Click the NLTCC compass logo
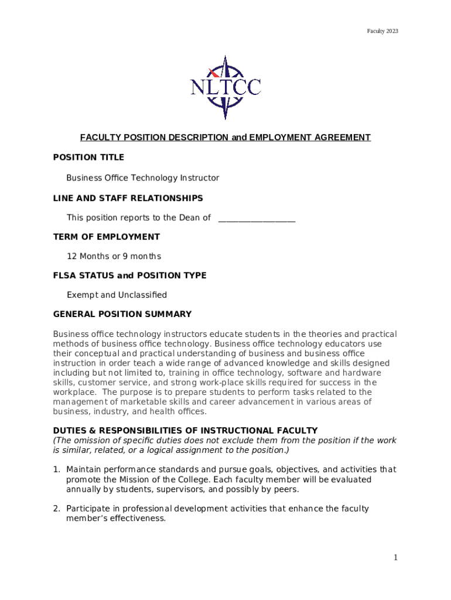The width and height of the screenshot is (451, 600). [x=225, y=87]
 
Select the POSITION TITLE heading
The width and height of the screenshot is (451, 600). [x=88, y=158]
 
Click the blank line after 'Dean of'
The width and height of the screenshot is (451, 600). [x=257, y=219]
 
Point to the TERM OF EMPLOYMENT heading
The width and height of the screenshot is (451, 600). [x=106, y=237]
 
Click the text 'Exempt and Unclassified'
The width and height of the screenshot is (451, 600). [x=117, y=295]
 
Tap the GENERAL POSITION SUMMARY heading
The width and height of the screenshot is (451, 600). [x=122, y=315]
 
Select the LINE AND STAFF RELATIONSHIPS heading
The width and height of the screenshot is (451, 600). [x=128, y=198]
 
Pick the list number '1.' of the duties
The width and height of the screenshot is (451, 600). [x=57, y=469]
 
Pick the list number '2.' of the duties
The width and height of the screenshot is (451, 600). [x=57, y=509]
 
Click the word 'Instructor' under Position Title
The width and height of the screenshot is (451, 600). [x=199, y=178]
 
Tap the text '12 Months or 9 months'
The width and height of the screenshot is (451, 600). [x=114, y=256]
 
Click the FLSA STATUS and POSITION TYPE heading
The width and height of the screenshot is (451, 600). [x=129, y=275]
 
